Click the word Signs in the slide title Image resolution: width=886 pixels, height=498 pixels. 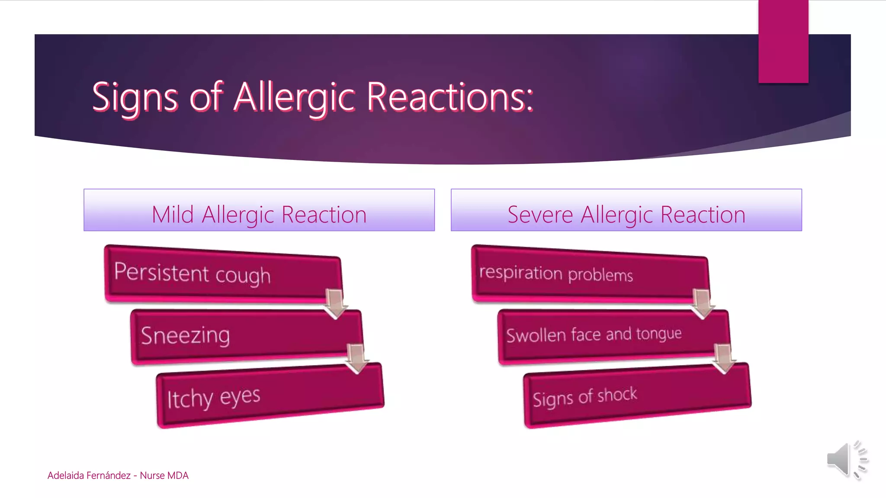(x=135, y=97)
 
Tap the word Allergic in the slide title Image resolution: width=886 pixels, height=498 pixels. (x=295, y=97)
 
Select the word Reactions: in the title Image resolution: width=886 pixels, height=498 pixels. (x=450, y=97)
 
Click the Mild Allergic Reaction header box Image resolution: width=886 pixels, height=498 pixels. (x=259, y=211)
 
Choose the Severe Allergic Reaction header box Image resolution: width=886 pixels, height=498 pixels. (x=626, y=211)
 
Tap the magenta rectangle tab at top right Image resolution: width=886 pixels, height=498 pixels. (x=783, y=41)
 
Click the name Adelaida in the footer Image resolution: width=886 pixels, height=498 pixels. (x=66, y=476)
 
